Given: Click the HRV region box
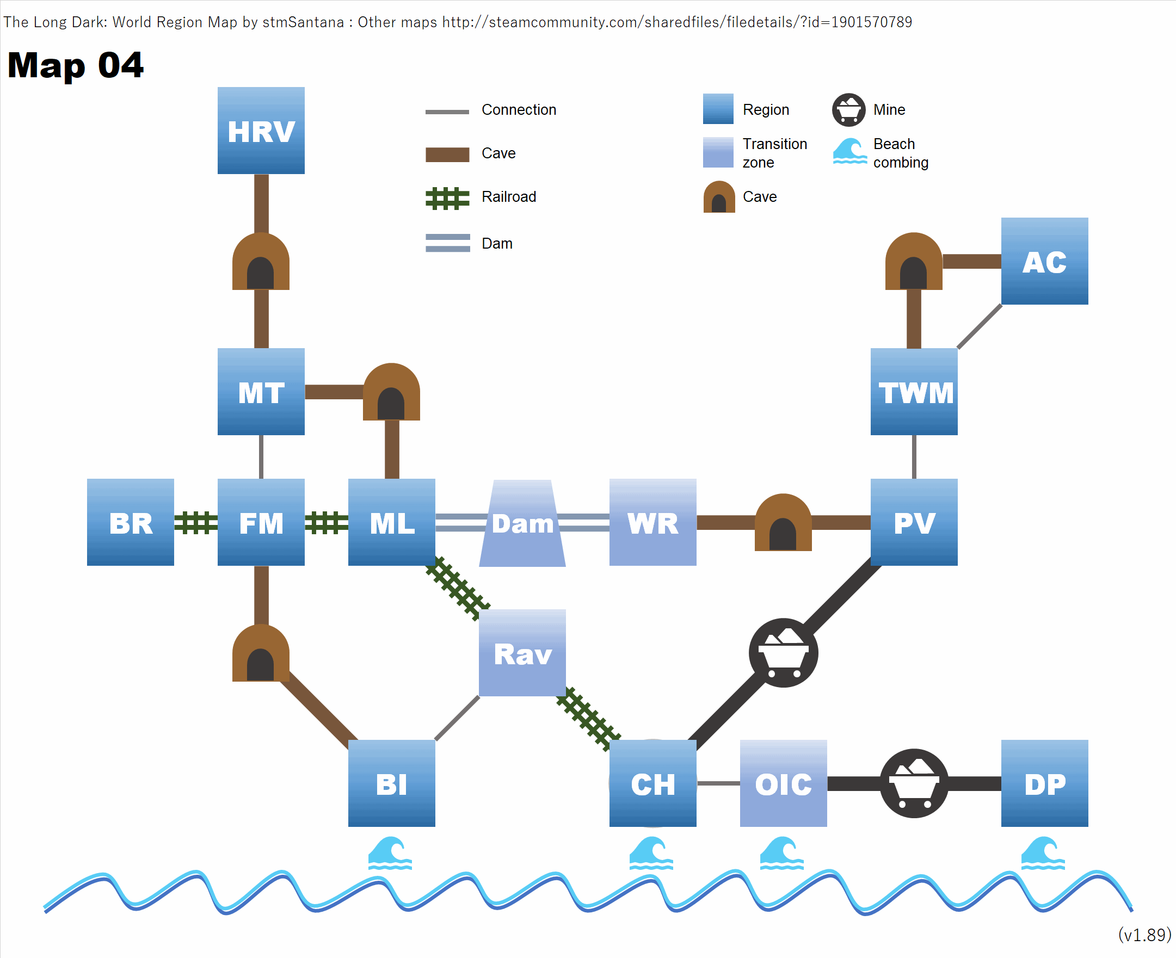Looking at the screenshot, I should (261, 130).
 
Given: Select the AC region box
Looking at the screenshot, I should (1044, 261).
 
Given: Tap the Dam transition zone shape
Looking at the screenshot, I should (522, 523).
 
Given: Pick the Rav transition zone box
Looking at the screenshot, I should (522, 653).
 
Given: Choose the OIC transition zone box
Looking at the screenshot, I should (783, 783).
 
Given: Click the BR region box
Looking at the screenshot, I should (130, 522).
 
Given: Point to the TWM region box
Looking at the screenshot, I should (914, 391).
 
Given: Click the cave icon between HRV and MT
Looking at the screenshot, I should (261, 262).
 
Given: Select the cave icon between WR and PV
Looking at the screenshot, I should (783, 523).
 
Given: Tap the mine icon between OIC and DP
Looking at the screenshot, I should (914, 783).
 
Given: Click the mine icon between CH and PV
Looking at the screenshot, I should (783, 653).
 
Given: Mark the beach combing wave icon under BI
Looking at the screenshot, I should (390, 853).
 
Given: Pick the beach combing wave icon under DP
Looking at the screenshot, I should (1042, 853).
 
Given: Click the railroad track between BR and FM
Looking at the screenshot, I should (195, 523).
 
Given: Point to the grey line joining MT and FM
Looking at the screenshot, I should (261, 457).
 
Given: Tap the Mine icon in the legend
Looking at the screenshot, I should (848, 110).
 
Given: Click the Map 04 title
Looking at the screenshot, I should (76, 65).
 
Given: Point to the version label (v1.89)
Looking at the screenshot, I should (1144, 935).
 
